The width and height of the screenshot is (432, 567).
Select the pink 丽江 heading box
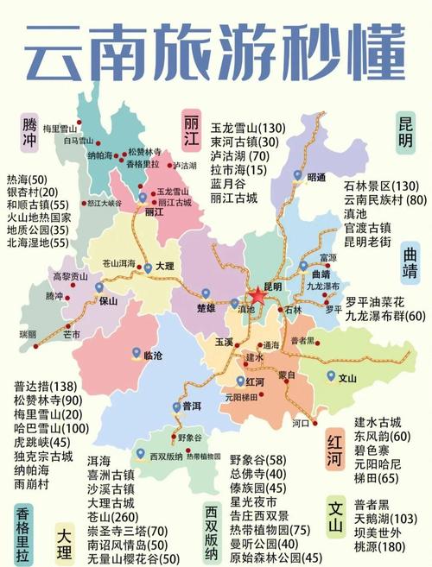[x=192, y=129]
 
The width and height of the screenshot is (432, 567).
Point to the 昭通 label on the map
[x=316, y=178]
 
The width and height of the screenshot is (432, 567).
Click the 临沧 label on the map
[x=152, y=355]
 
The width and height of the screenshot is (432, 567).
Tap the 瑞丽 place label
[x=28, y=333]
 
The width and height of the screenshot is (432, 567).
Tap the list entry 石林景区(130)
[x=381, y=186]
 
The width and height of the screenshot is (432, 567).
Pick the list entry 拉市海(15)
[x=238, y=172]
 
